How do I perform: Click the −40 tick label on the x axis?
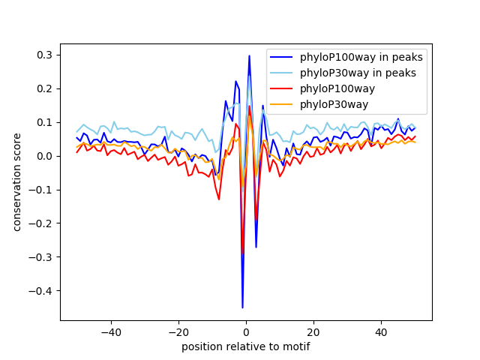coord(111,332)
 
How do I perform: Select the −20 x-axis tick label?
coord(178,332)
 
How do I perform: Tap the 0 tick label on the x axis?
coord(246,332)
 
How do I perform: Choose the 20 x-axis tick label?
coord(313,332)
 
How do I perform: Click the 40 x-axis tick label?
coord(381,332)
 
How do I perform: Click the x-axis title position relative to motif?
coord(245,346)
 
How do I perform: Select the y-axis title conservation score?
coord(17,181)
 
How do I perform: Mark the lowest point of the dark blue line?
coord(242,307)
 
